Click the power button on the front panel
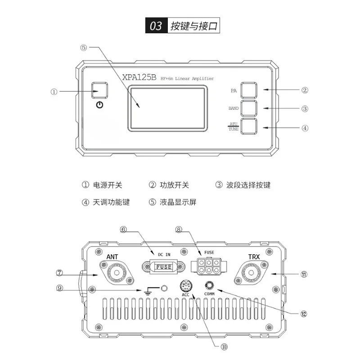pyautogui.click(x=99, y=90)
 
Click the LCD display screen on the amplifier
pyautogui.click(x=168, y=109)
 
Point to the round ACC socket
pyautogui.click(x=186, y=286)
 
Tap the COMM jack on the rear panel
pyautogui.click(x=209, y=285)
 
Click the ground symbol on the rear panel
pyautogui.click(x=148, y=291)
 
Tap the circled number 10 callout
pyautogui.click(x=224, y=347)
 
